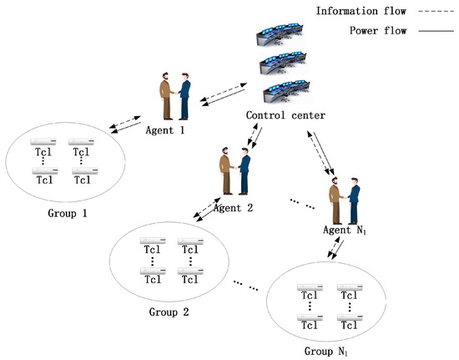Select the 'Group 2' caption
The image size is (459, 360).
pos(169,312)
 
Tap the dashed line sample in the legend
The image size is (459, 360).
pos(422,11)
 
